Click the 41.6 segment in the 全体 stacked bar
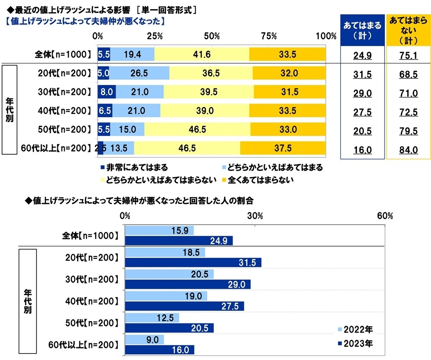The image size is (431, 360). coord(202,54)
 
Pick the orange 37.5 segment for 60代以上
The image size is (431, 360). coord(283,148)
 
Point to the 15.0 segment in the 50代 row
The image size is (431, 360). coord(127,129)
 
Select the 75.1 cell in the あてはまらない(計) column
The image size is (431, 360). coord(407,54)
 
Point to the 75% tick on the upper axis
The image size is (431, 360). coord(269,36)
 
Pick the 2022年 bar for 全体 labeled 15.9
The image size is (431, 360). coord(159,231)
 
